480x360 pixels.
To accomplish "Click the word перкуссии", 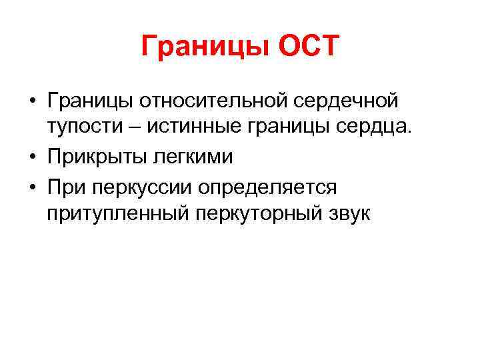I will [139, 187].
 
